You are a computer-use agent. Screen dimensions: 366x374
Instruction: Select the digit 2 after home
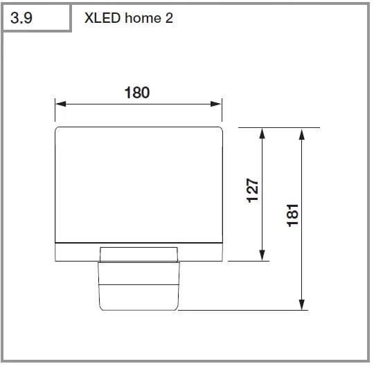tap(168, 17)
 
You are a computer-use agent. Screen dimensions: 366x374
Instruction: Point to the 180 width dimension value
tap(137, 93)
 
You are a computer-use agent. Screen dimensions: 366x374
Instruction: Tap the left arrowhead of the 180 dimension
tap(60, 104)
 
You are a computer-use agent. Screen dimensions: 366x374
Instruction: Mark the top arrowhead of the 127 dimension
tap(262, 133)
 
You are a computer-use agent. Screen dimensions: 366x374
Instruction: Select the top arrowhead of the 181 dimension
tap(301, 133)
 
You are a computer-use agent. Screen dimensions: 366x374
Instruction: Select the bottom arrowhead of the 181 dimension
tap(301, 305)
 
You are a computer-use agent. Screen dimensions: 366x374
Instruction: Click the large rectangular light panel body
tap(139, 183)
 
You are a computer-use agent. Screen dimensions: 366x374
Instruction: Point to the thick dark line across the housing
tap(139, 242)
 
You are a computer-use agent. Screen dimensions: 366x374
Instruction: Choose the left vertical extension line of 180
tap(55, 111)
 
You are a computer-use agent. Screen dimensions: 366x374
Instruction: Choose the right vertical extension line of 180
tap(222, 111)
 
